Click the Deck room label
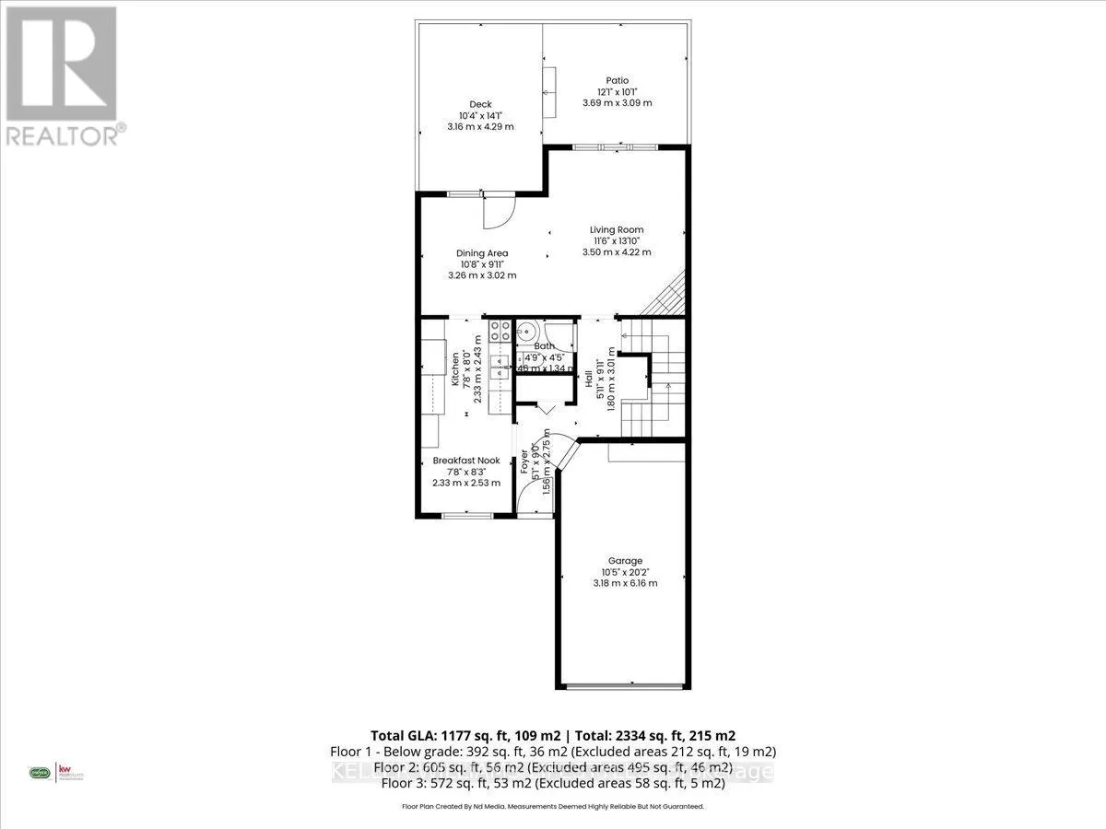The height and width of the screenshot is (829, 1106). [x=480, y=104]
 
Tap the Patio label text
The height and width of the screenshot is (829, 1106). [x=617, y=80]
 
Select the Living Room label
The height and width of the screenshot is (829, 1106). [x=617, y=229]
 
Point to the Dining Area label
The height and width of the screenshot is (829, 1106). [x=482, y=253]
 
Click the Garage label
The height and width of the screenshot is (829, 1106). [x=624, y=560]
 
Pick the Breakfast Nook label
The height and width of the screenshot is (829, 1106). [x=466, y=461]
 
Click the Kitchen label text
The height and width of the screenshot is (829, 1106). [x=454, y=368]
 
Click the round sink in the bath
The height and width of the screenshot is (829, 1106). [x=527, y=333]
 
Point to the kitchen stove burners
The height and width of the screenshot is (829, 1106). [x=500, y=332]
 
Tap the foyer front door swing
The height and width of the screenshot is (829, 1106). [x=533, y=502]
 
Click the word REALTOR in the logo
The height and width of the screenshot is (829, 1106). [x=61, y=136]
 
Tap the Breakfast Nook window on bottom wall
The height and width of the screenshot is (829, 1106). [x=466, y=515]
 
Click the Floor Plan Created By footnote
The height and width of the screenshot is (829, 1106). [x=553, y=806]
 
